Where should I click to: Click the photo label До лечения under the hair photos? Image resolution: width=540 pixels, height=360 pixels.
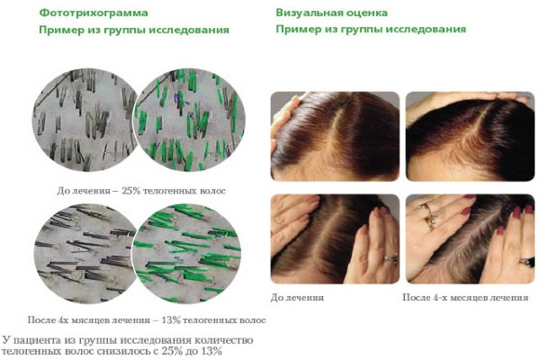tap(297, 297)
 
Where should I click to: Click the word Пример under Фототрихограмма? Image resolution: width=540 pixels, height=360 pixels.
tap(59, 30)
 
